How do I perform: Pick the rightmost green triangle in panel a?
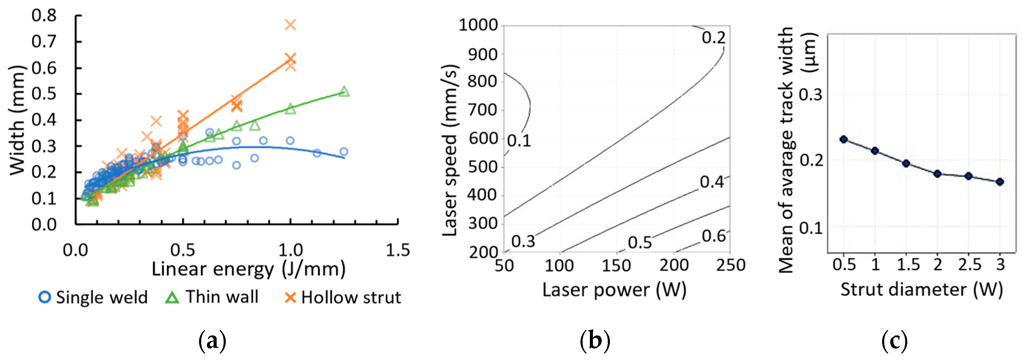pyautogui.click(x=344, y=92)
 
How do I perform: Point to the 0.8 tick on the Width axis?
pyautogui.click(x=44, y=15)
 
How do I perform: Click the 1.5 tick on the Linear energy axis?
pyautogui.click(x=397, y=250)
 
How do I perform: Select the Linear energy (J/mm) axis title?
pyautogui.click(x=248, y=269)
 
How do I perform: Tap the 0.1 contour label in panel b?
pyautogui.click(x=519, y=141)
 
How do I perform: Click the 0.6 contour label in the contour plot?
pyautogui.click(x=713, y=236)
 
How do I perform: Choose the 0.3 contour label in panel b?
pyautogui.click(x=523, y=241)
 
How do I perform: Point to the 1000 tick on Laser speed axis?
pyautogui.click(x=478, y=25)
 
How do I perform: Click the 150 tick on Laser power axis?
pyautogui.click(x=616, y=265)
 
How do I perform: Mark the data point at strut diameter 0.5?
pyautogui.click(x=844, y=139)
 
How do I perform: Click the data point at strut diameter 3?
pyautogui.click(x=1000, y=182)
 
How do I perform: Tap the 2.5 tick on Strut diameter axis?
pyautogui.click(x=969, y=264)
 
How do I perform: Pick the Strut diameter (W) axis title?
pyautogui.click(x=921, y=290)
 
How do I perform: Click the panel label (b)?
pyautogui.click(x=595, y=341)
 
